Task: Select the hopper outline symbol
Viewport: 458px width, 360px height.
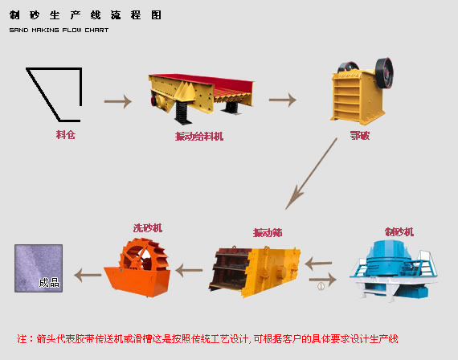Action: [55, 89]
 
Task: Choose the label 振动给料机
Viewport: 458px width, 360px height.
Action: [198, 137]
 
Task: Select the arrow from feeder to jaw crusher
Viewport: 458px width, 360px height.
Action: [282, 100]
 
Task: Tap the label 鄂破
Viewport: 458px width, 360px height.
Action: [359, 136]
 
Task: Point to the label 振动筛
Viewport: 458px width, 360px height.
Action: [267, 233]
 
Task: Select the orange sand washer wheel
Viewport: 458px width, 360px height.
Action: [143, 260]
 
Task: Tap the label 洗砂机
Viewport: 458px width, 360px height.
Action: [147, 228]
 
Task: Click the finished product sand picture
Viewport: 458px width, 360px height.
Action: [39, 268]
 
